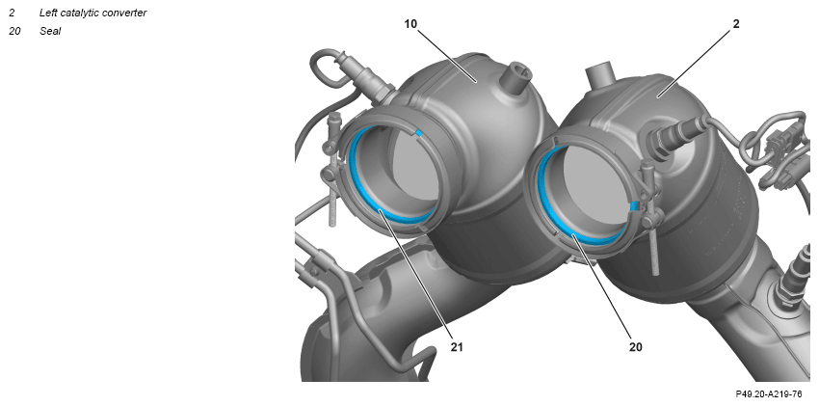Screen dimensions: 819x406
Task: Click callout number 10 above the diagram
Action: pos(411,23)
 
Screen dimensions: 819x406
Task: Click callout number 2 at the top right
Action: pos(736,23)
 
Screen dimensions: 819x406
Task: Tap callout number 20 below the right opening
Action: pos(635,346)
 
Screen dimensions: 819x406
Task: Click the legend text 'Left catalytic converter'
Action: pos(92,14)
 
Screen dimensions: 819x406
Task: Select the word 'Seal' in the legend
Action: pos(50,32)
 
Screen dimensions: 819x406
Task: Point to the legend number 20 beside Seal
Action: pos(14,32)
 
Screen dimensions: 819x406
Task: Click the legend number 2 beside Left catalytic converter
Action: pos(12,14)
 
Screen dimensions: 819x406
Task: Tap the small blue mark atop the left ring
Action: pos(418,133)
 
